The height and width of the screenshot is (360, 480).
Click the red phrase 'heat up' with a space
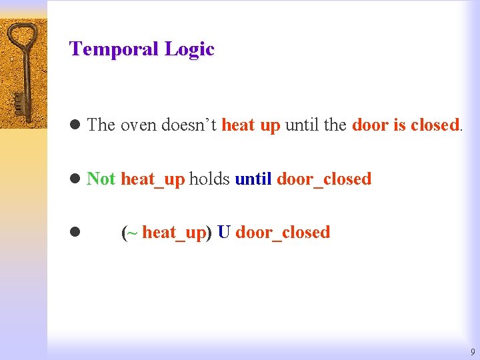pyautogui.click(x=251, y=125)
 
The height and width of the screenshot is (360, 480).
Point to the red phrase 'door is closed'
pyautogui.click(x=405, y=125)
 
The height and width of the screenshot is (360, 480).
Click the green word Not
pyautogui.click(x=101, y=179)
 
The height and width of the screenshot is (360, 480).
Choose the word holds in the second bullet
pyautogui.click(x=209, y=179)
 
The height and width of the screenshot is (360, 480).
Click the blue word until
pyautogui.click(x=253, y=179)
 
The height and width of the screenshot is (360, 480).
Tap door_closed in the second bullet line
pyautogui.click(x=324, y=179)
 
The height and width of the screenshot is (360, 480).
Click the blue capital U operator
pyautogui.click(x=224, y=232)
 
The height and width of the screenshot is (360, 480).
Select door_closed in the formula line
pyautogui.click(x=283, y=232)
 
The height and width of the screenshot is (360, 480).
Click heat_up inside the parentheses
pyautogui.click(x=173, y=232)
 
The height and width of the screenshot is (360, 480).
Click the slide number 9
pyautogui.click(x=472, y=351)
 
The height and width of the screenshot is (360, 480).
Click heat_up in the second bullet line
pyautogui.click(x=153, y=179)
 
